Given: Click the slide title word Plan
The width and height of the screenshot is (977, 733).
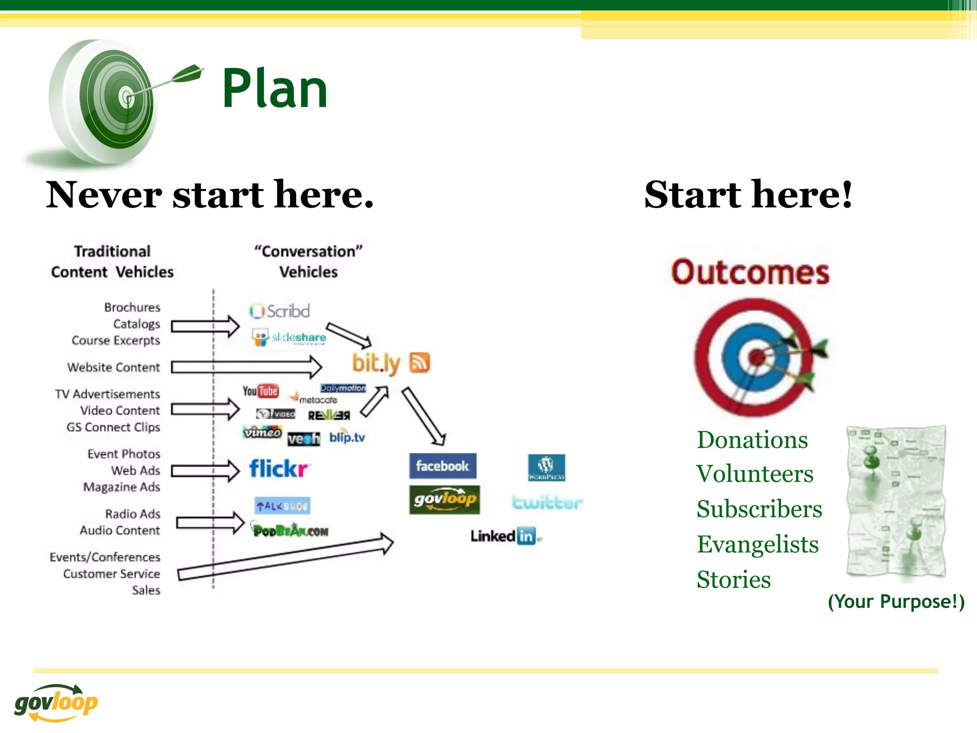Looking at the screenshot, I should [x=275, y=89].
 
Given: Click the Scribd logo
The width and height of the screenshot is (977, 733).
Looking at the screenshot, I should [x=280, y=311].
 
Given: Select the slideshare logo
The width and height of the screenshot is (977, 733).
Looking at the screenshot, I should [x=289, y=337].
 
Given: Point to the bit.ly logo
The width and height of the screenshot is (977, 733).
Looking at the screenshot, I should [x=376, y=364].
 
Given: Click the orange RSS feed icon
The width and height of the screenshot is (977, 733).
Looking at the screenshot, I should [x=420, y=363].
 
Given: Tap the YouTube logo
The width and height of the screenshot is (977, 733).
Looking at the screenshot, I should [x=260, y=391].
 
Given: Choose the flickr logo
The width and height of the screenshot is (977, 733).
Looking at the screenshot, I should [x=279, y=469].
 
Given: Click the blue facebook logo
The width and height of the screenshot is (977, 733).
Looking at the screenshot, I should [x=443, y=466].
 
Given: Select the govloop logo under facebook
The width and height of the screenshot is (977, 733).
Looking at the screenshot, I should [x=444, y=500].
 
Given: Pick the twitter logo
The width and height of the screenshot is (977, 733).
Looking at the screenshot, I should [x=547, y=503].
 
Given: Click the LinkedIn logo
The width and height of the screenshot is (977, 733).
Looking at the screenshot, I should [x=505, y=536].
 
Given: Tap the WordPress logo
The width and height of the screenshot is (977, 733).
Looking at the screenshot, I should [x=546, y=467].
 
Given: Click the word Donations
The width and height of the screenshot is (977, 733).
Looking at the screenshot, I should [x=752, y=440].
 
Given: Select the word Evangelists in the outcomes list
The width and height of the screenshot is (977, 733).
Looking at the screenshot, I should [x=758, y=545].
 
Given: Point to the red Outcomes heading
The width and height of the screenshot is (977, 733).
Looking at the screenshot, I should [x=750, y=272].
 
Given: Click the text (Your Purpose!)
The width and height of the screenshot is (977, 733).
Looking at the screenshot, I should [x=896, y=601].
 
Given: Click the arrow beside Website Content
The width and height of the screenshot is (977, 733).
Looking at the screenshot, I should [x=246, y=367].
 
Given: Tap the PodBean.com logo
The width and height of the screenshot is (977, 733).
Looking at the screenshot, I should [x=290, y=530].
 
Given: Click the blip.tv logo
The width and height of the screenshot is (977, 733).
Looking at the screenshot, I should [x=347, y=437].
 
